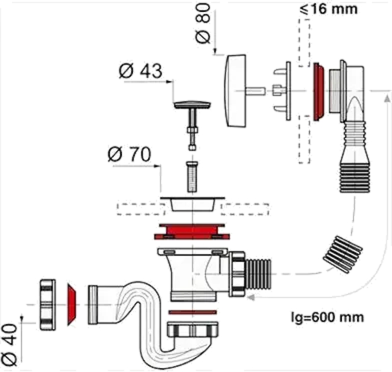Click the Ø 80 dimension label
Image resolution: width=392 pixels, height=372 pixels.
tap(203, 24)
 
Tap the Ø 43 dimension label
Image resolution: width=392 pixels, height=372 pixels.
tap(141, 71)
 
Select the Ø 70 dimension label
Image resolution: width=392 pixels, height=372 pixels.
tap(130, 154)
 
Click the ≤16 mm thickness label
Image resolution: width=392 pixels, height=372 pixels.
tap(329, 9)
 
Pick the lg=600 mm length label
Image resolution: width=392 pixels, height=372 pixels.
tap(327, 317)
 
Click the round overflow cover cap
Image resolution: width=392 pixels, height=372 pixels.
tap(235, 91)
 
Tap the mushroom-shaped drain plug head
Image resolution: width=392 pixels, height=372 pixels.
tap(192, 105)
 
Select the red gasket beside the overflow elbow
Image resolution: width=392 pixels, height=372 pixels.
tap(319, 92)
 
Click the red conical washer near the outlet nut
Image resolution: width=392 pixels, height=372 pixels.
tap(72, 304)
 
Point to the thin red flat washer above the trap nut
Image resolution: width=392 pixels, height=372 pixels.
tap(193, 312)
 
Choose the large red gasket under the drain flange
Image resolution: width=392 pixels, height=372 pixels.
tap(192, 232)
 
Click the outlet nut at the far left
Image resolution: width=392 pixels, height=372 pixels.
tap(48, 304)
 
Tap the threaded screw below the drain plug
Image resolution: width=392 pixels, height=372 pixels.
tap(192, 177)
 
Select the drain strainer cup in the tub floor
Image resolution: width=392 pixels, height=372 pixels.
tap(192, 204)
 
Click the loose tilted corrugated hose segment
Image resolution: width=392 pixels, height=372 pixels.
tap(342, 254)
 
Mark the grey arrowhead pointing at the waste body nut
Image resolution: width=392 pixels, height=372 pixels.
tap(251, 298)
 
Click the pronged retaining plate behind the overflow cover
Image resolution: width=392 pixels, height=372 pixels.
tap(282, 91)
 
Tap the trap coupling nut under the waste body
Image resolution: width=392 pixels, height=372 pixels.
tap(192, 329)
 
